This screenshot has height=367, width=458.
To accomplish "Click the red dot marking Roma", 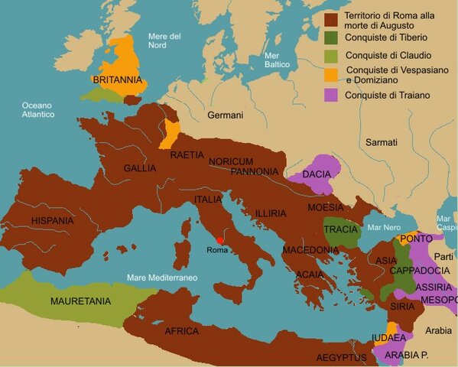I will pos(220,240).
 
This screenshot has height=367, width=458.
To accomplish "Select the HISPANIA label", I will pos(53,220).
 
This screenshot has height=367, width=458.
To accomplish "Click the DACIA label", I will pos(317,175).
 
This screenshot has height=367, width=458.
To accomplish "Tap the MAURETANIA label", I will pos(81,301).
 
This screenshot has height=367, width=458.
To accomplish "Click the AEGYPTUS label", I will pos(341,357).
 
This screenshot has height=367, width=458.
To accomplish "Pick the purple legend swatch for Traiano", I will pos(332,96).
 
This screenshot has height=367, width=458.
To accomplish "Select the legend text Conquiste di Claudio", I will pos(388,55).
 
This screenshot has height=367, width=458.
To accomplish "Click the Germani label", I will pos(225,115).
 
